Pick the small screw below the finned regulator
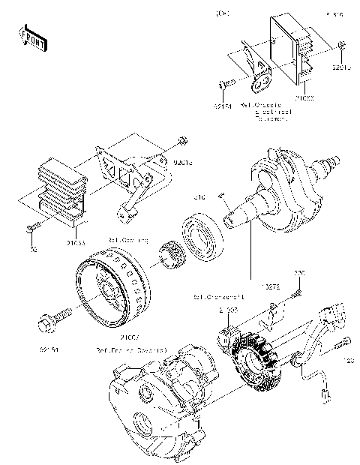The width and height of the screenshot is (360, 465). point(31,226)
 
